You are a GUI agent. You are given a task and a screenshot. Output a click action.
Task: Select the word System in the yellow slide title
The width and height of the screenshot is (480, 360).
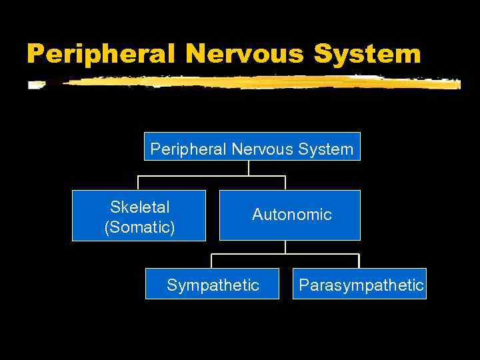pos(367,53)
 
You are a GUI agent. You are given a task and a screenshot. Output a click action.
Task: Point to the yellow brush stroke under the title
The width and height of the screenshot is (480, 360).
pos(247,83)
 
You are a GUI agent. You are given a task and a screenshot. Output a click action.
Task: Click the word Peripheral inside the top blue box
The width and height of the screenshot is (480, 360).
pos(189,149)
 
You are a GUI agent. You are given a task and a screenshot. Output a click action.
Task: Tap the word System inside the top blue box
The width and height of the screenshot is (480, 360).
pos(327,149)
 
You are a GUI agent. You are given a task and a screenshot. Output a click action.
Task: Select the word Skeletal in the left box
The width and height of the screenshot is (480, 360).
pos(139,207)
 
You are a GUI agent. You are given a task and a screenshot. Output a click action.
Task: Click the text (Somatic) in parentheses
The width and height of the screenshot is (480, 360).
pos(139,227)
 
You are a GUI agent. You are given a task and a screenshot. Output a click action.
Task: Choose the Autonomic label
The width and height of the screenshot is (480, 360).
pos(291,215)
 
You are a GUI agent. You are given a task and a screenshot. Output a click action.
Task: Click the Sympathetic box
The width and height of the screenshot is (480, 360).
pos(213,285)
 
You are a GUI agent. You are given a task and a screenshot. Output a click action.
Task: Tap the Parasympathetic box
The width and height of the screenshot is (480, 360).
pos(361,285)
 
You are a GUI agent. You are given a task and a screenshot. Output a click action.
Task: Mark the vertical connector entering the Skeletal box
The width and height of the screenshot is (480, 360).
pos(139,183)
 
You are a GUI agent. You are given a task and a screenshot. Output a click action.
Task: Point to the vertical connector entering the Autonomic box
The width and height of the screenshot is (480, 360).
pos(285,183)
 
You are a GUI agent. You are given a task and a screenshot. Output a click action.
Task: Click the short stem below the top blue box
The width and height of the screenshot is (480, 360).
pos(249,168)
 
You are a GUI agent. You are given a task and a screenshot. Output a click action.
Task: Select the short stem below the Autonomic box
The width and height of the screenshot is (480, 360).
pos(285,247)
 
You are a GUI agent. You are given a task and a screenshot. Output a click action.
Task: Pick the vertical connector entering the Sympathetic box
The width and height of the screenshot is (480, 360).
pos(212,261)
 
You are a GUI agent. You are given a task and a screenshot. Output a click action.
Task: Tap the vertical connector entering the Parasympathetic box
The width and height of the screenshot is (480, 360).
pos(359,261)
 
